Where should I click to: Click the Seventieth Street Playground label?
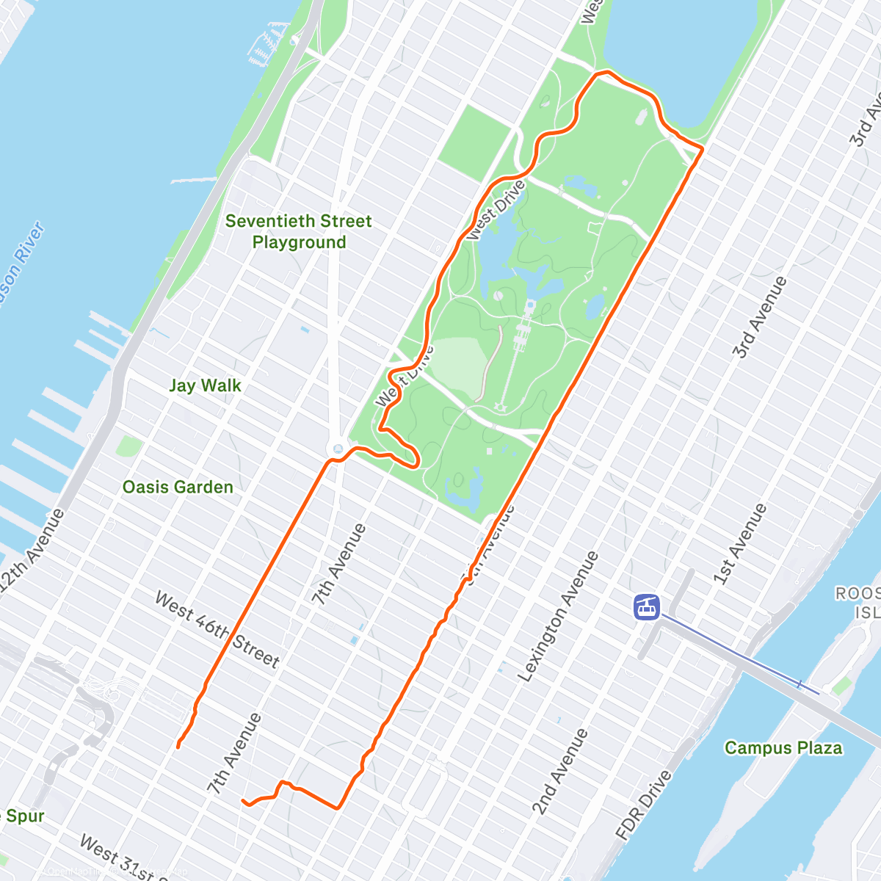coord(298,231)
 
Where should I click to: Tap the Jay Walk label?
coord(205,385)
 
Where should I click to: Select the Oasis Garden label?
coord(178,487)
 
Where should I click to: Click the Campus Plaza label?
coord(783,747)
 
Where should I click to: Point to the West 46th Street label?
coord(217,630)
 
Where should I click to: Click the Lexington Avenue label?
coord(558,617)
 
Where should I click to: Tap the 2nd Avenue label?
coord(560,772)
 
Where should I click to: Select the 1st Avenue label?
coord(740,544)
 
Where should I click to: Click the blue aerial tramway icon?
coord(647,606)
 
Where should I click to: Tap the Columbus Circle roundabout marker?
coord(338,448)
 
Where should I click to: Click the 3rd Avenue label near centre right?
coord(759,317)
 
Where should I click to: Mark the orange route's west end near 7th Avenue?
coord(178,747)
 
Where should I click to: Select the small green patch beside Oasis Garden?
coord(129,446)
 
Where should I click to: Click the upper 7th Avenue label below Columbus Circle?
coord(338,564)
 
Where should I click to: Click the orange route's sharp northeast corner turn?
coord(702,149)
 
